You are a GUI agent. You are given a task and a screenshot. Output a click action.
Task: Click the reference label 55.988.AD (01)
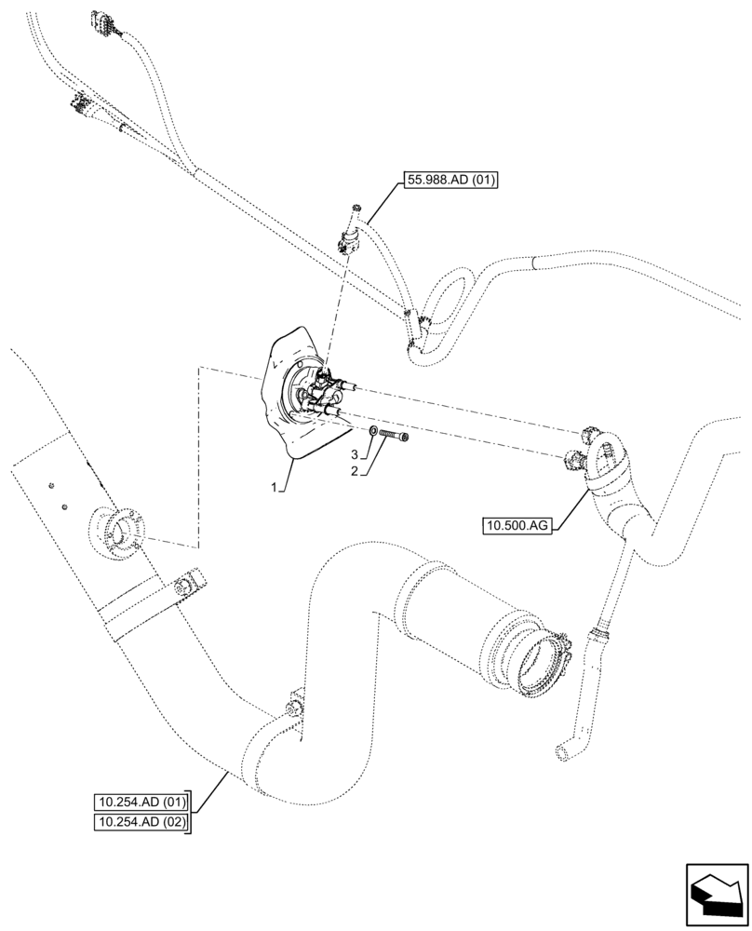[451, 181]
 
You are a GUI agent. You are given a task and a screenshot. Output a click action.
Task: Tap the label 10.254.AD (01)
[141, 802]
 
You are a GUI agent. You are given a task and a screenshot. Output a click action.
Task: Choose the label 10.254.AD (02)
[141, 822]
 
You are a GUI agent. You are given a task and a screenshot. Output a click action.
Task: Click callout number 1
[275, 487]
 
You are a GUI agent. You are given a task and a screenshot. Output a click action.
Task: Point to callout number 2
[355, 471]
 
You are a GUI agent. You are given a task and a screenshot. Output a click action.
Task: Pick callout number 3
[355, 453]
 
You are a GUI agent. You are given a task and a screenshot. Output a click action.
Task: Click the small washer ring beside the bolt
[373, 432]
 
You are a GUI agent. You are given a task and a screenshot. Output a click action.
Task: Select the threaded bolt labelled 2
[395, 435]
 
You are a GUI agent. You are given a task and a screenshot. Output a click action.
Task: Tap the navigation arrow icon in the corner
[717, 894]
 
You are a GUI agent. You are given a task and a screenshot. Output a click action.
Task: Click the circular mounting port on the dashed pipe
[118, 532]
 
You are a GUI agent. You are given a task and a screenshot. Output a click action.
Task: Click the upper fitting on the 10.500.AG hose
[593, 436]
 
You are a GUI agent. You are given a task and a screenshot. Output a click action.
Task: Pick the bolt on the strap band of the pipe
[184, 585]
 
